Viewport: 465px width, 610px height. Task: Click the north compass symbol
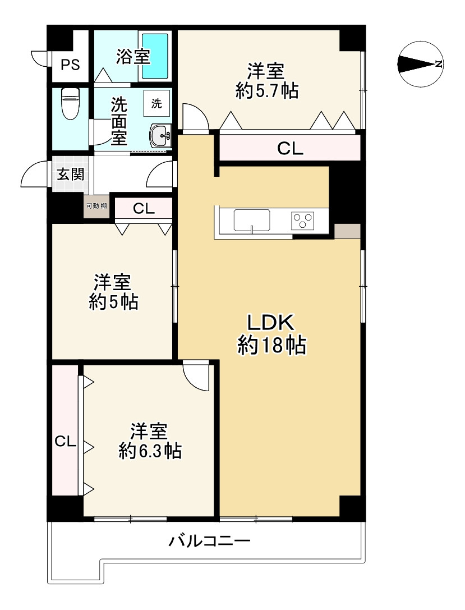point(420,65)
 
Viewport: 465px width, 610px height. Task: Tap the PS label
point(70,65)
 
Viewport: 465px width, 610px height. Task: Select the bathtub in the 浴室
point(155,56)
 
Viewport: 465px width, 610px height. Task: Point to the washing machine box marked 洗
point(157,103)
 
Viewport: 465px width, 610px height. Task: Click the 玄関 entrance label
point(70,174)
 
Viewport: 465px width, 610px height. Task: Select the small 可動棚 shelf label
point(96,206)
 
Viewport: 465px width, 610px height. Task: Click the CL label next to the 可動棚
point(144,209)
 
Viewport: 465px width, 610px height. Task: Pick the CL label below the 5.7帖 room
point(290,149)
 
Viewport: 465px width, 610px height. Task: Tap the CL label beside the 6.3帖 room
point(65,442)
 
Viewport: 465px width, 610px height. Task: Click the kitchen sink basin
point(252,219)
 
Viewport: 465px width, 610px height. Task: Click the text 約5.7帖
point(266,91)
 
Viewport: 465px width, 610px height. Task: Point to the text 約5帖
point(113,302)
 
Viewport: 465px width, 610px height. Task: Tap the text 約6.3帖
point(150,451)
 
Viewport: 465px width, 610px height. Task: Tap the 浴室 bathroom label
point(133,57)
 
